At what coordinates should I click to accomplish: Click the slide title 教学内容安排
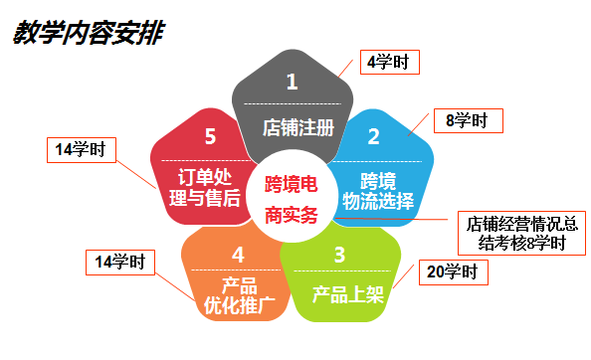coord(88,34)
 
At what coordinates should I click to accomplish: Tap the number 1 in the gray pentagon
coord(292,83)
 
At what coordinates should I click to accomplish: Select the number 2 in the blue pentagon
coord(373,135)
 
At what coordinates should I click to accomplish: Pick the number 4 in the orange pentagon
coord(238,255)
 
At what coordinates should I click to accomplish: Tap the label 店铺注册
coord(292,127)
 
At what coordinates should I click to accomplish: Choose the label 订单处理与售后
coord(203,187)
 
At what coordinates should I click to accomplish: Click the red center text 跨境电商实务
coord(292,200)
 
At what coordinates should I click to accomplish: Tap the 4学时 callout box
coord(387,62)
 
